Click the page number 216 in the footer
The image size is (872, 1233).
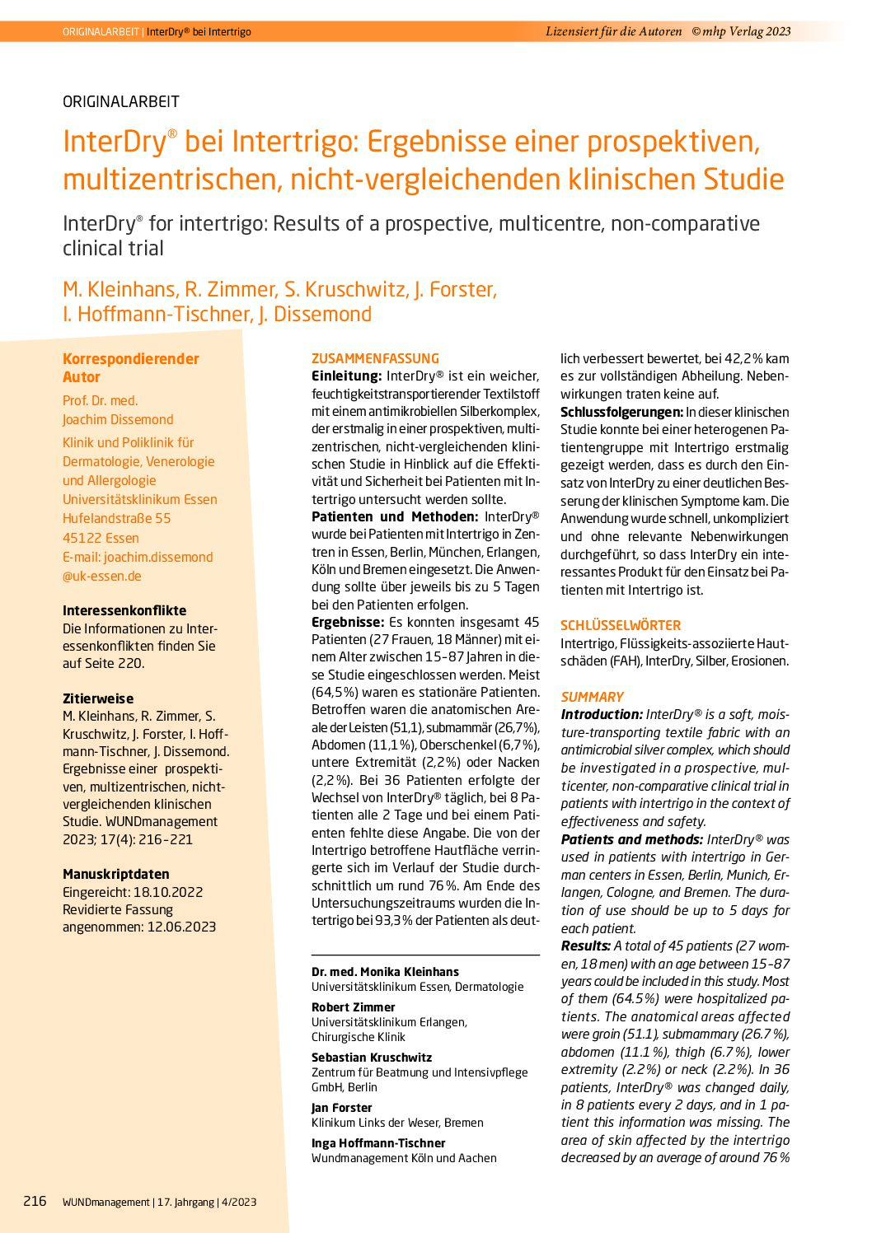[x=35, y=1201]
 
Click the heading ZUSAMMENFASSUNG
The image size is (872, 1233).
[x=375, y=358]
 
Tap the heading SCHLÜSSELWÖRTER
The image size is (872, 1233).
[x=621, y=625]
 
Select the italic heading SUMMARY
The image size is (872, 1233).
[x=592, y=697]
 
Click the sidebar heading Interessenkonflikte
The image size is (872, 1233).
[x=124, y=610]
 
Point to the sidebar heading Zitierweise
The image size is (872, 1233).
[x=98, y=698]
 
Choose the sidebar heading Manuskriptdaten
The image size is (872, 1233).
[x=116, y=874]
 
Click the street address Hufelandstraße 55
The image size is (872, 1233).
[x=117, y=518]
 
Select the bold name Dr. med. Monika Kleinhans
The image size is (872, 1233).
[x=385, y=972]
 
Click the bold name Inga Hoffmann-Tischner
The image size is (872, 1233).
[x=378, y=1143]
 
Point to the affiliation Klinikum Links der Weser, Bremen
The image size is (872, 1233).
[x=397, y=1123]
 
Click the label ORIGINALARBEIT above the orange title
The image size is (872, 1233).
[x=121, y=102]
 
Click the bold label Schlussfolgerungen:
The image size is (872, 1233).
[x=621, y=412]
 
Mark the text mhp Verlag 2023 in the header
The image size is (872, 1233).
[x=747, y=31]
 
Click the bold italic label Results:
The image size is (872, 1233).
[x=586, y=946]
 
